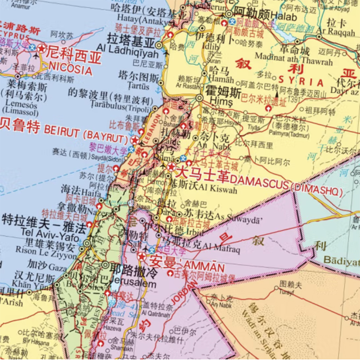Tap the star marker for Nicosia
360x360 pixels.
(42, 48)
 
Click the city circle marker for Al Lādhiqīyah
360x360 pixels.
(159, 45)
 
